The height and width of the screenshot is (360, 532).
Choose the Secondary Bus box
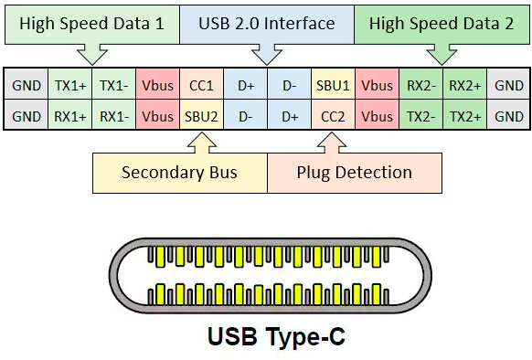[x=179, y=173]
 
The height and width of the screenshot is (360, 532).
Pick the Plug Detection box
[x=355, y=173]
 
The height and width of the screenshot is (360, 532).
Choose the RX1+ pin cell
[x=69, y=117]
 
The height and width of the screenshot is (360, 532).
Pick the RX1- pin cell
[x=113, y=117]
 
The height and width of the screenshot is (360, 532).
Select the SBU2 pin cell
[x=201, y=117]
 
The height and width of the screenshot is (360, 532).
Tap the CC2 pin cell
[x=333, y=117]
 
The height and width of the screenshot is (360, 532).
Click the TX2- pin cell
[x=420, y=117]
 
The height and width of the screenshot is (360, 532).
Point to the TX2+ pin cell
[x=464, y=117]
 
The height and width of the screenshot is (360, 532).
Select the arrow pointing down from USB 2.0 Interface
[x=266, y=55]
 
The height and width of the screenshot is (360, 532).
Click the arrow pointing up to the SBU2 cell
[x=201, y=142]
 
